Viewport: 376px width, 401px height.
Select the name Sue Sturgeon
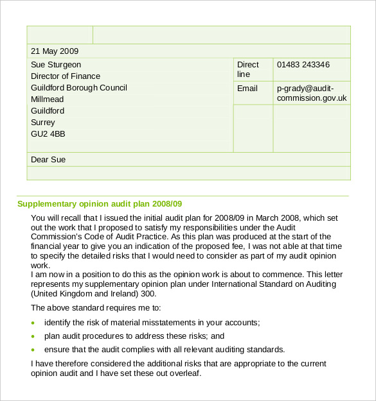56,65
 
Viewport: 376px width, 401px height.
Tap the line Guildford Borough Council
79,88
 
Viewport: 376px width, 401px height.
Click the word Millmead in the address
48,99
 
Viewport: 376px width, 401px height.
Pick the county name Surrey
43,123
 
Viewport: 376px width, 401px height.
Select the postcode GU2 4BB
48,134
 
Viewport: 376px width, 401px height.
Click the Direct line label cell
248,69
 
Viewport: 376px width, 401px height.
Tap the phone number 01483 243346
303,65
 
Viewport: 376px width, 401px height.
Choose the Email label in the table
247,89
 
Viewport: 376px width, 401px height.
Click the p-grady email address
312,94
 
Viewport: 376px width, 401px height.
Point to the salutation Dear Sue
48,160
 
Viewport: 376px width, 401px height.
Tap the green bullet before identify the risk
34,323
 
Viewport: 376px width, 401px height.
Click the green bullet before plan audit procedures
34,336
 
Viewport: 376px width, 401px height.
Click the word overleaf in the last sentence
182,373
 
